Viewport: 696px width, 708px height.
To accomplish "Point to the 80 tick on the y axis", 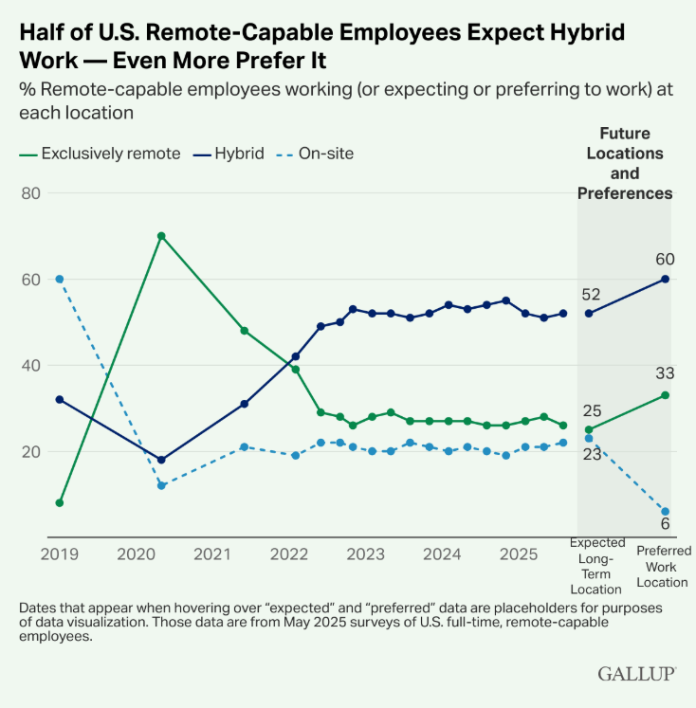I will pyautogui.click(x=32, y=193).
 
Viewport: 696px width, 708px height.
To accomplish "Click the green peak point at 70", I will pyautogui.click(x=161, y=236).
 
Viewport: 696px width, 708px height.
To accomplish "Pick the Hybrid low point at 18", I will pyautogui.click(x=161, y=460).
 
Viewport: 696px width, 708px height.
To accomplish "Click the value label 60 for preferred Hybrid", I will pyautogui.click(x=665, y=259).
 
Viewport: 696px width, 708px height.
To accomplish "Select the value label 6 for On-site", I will pyautogui.click(x=665, y=524).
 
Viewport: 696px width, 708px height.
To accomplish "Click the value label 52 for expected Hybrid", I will pyautogui.click(x=591, y=294).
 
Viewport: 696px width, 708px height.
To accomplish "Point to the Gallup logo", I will pyautogui.click(x=636, y=673).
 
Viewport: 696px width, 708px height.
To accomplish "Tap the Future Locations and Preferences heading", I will pyautogui.click(x=625, y=163).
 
